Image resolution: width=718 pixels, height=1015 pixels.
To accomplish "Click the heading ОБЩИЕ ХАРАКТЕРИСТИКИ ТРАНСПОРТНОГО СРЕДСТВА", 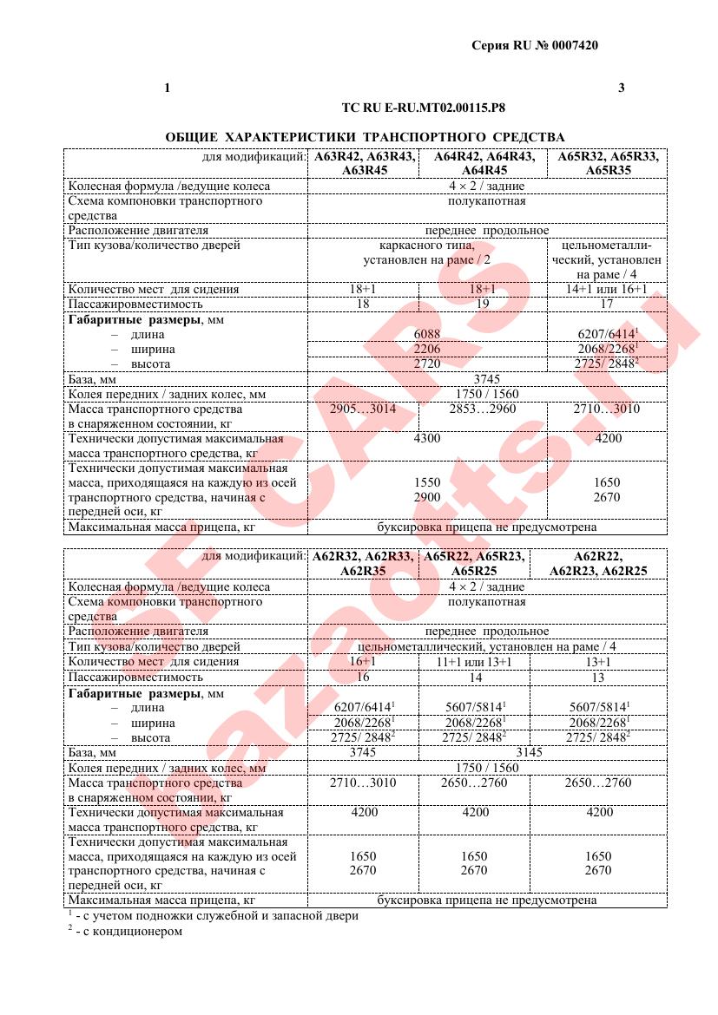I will click(x=365, y=137).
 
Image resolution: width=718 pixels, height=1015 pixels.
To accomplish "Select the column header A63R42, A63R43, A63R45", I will click(x=364, y=164).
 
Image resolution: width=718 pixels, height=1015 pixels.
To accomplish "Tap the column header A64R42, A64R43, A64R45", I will click(x=484, y=164).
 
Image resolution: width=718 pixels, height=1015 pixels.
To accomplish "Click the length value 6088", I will click(x=427, y=335).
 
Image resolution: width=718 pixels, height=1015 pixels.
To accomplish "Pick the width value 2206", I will click(x=427, y=350).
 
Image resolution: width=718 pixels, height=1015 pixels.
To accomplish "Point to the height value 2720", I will click(x=427, y=364).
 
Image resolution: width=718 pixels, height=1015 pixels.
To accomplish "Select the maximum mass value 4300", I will click(x=427, y=439).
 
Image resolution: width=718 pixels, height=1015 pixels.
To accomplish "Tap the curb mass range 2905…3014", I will click(x=364, y=409).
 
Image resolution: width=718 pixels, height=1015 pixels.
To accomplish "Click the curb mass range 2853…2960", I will click(x=483, y=409).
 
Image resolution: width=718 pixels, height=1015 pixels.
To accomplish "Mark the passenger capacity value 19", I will click(x=483, y=304).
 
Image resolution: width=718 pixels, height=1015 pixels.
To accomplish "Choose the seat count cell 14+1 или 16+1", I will click(x=607, y=290).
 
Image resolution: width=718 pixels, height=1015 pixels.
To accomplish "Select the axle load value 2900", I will click(x=427, y=497).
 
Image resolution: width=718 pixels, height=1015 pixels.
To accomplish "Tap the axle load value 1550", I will click(x=427, y=481).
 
